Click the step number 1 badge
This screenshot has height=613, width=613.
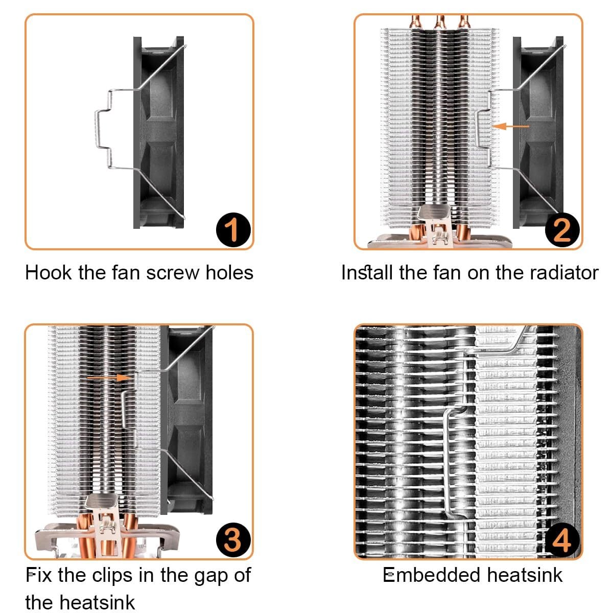[x=233, y=230]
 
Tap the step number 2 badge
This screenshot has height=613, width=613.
[x=562, y=230]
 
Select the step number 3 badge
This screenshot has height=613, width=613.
[x=233, y=540]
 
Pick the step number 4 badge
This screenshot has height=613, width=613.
[x=562, y=540]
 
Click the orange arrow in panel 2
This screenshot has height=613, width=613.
[x=510, y=126]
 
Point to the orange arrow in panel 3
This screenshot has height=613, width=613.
[x=109, y=378]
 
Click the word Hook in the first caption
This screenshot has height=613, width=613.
[x=49, y=273]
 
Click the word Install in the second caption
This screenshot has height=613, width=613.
[x=367, y=273]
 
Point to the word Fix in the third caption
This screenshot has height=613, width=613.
[x=38, y=575]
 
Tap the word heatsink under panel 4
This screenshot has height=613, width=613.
[x=525, y=575]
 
